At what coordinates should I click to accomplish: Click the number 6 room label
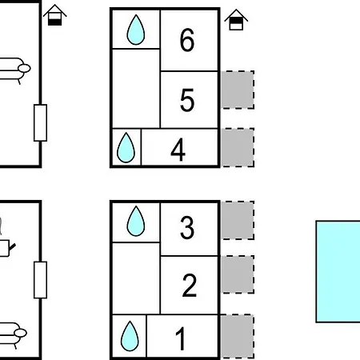[187, 40]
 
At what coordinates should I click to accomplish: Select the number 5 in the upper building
[187, 100]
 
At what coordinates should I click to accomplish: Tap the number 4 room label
[178, 150]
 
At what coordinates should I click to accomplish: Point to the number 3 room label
[187, 227]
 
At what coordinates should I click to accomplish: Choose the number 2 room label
[190, 286]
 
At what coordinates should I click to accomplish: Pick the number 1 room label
[181, 338]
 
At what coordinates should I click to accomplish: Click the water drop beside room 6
[136, 30]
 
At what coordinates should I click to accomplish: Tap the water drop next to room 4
[126, 147]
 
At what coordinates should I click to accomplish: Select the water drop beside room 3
[136, 221]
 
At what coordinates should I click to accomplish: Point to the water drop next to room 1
[130, 336]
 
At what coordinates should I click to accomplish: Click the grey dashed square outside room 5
[238, 90]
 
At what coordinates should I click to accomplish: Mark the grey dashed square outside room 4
[238, 147]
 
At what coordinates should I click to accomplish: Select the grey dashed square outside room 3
[238, 220]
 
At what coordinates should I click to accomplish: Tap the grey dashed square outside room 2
[238, 274]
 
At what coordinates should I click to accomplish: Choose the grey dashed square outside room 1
[238, 336]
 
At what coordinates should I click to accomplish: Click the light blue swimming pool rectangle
[338, 271]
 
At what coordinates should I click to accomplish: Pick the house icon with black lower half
[55, 15]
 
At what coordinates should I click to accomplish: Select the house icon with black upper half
[236, 20]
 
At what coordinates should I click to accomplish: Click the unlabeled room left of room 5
[136, 89]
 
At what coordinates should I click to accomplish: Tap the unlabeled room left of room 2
[136, 278]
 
